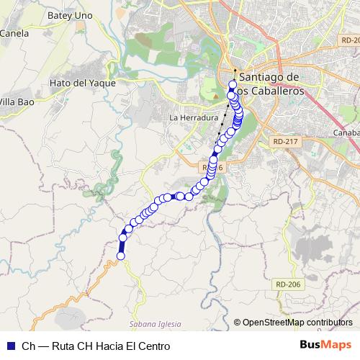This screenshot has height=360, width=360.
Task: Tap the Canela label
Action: tap(14, 32)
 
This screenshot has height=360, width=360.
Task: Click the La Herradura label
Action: tap(193, 117)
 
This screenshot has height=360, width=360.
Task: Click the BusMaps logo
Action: tap(325, 345)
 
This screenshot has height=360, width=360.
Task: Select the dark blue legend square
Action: tap(9, 346)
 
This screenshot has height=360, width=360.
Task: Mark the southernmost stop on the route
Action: tap(121, 256)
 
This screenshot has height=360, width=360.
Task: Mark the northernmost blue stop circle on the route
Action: tap(233, 85)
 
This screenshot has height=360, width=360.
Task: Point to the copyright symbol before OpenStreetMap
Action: tap(238, 323)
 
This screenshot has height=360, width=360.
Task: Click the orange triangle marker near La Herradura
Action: tap(214, 96)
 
